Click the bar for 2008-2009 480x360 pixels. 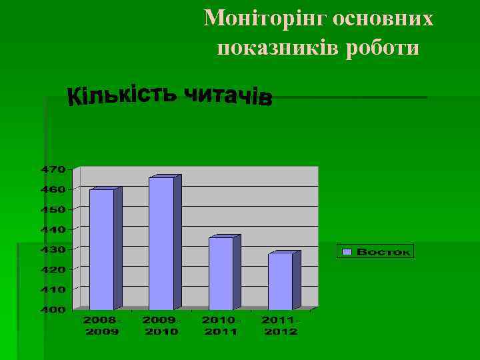pos(102,249)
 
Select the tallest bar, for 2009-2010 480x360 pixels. pos(161,243)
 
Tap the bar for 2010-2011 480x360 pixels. pos(221,273)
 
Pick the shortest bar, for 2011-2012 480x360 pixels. pos(281,281)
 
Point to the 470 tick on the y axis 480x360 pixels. pos(55,169)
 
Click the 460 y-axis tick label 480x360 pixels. pos(55,189)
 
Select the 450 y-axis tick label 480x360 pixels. pos(55,209)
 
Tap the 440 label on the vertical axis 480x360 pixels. pos(55,229)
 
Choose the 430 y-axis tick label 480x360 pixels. pos(55,249)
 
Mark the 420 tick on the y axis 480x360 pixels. pos(55,269)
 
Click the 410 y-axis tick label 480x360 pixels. pos(55,290)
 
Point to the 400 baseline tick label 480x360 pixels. pos(55,310)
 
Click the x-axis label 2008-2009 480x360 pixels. pos(102,326)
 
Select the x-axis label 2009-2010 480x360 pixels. pos(161,326)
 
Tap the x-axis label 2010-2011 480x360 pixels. pos(221,326)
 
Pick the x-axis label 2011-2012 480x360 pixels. pos(281,326)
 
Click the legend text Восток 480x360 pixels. pos(383,252)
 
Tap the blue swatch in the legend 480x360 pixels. pos(347,252)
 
